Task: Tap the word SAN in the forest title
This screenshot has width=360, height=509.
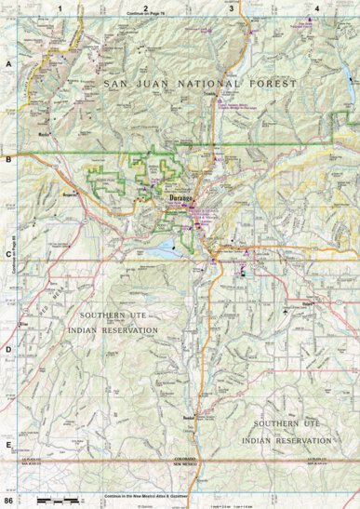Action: tap(120, 84)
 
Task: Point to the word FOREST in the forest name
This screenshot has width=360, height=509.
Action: tap(273, 84)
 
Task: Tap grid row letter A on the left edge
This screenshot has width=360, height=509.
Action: tap(9, 64)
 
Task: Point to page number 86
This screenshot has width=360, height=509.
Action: tap(10, 502)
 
